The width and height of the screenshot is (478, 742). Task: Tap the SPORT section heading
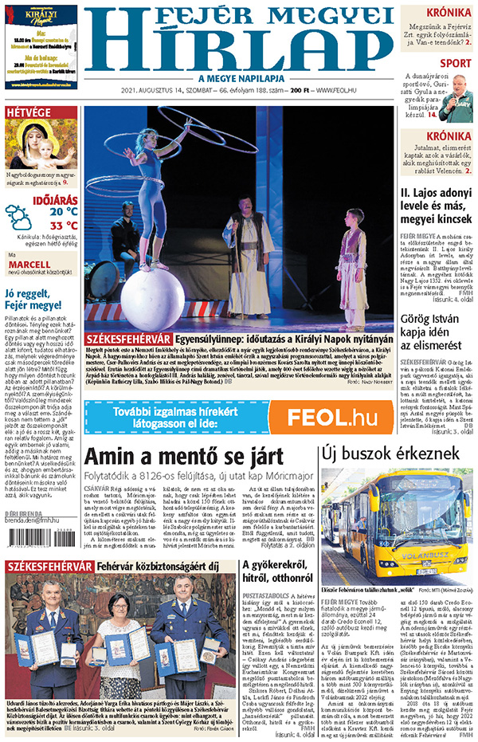(454, 63)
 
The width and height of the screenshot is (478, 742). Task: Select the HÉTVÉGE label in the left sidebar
(29, 112)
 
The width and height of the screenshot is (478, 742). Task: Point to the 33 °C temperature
(63, 226)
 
